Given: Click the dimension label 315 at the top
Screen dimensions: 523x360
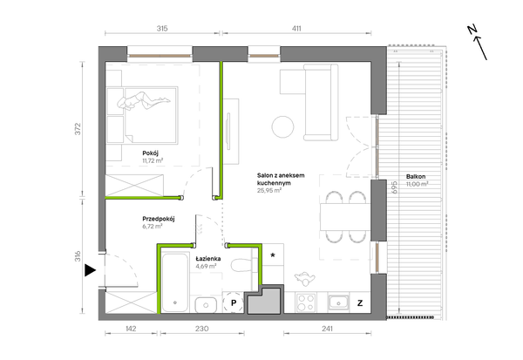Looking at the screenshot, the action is click(162, 29).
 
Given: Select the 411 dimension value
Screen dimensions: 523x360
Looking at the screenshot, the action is click(296, 29).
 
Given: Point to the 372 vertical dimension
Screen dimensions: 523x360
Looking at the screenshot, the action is click(78, 129).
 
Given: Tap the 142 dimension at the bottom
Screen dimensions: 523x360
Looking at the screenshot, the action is click(131, 329).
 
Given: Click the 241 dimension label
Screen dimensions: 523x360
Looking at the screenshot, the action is click(327, 329).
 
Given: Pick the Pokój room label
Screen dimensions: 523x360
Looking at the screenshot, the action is click(151, 153).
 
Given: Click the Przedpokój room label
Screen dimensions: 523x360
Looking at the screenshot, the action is click(159, 219).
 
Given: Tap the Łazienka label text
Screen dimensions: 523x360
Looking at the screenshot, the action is click(208, 259).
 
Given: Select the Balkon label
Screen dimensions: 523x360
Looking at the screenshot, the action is click(416, 177).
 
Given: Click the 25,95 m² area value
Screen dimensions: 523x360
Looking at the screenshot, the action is click(269, 191).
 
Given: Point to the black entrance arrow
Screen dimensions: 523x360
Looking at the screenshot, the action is click(90, 270).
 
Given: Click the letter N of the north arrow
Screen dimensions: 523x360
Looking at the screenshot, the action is click(472, 30).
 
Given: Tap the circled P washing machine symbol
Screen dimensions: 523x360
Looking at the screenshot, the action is click(234, 303).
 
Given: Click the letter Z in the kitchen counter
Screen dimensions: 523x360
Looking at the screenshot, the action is click(360, 303).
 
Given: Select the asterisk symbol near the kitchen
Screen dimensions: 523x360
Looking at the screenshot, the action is click(273, 255).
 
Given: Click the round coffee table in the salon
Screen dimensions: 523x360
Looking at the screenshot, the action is click(282, 126).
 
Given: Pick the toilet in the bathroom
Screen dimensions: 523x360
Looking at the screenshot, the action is click(241, 265).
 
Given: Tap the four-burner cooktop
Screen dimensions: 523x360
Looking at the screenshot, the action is click(306, 302).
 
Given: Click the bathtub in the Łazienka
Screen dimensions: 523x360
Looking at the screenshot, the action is click(175, 283).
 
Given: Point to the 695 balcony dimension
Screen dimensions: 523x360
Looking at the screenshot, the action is click(395, 187).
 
